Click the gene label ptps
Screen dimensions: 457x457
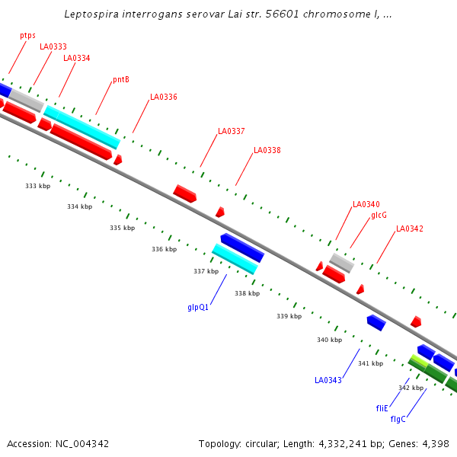point(27,35)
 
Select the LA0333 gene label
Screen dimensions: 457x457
point(53,46)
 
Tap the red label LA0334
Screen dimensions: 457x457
point(76,58)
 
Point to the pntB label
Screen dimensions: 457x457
point(121,79)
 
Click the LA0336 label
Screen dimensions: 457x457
point(164,97)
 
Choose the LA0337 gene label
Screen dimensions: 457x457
point(232,131)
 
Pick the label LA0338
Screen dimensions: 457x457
point(267,150)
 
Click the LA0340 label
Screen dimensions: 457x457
point(366,204)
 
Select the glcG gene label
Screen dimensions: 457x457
point(379,215)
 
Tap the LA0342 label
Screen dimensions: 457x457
point(410,228)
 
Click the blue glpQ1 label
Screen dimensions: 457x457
point(198,307)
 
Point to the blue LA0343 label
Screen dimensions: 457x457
point(328,379)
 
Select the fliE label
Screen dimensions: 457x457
point(382,408)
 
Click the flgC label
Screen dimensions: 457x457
point(398,419)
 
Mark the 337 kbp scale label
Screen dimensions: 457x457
point(206,271)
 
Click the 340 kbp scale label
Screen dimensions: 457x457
point(329,340)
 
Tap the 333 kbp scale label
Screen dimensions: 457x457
point(37,186)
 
